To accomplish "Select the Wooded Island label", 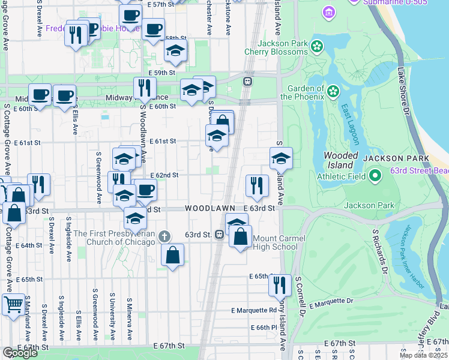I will tap(341, 160).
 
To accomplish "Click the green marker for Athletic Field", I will tap(376, 175).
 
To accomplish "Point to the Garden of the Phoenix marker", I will tap(331, 91).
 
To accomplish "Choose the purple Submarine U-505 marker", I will tap(328, 11).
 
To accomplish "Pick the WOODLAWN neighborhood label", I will tap(209, 208).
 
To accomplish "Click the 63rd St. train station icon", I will tap(220, 234).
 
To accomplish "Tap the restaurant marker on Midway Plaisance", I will tap(144, 88).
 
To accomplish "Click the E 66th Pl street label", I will tap(262, 327).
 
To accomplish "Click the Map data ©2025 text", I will tap(424, 355).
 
